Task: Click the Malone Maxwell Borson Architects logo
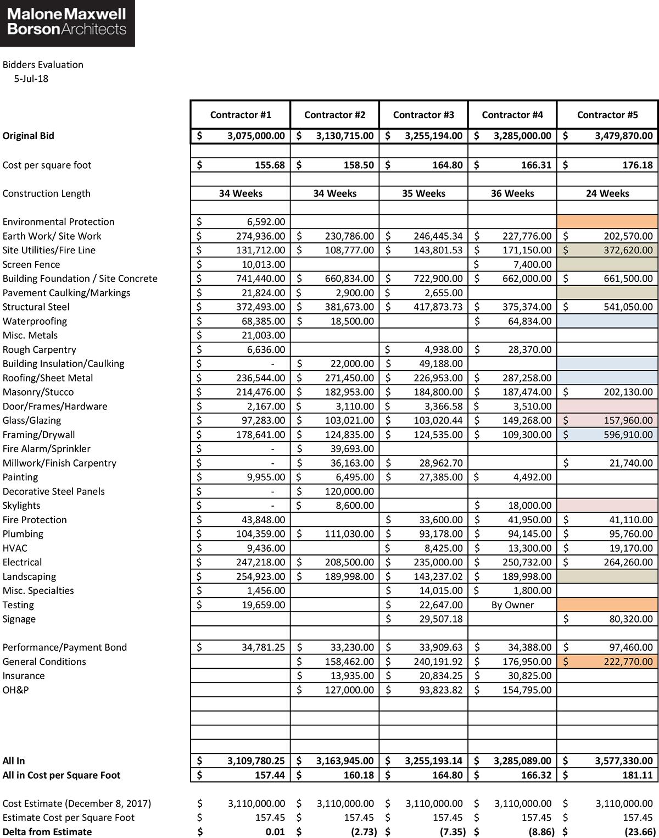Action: (x=67, y=23)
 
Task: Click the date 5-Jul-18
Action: (x=31, y=79)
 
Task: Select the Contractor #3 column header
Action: (x=423, y=115)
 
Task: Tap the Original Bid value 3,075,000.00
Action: (x=256, y=136)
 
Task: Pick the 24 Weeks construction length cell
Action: (x=607, y=193)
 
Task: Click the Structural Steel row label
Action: (x=36, y=307)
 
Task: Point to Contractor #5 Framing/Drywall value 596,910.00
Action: (x=628, y=435)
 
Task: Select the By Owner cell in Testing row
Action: (x=512, y=605)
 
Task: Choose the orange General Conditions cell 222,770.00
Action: (x=628, y=662)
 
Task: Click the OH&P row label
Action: (x=15, y=690)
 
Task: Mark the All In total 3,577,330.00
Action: (x=624, y=761)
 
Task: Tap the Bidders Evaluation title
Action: (x=43, y=64)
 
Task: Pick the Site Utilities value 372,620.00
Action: (x=628, y=250)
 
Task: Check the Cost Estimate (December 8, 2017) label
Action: (x=77, y=803)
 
